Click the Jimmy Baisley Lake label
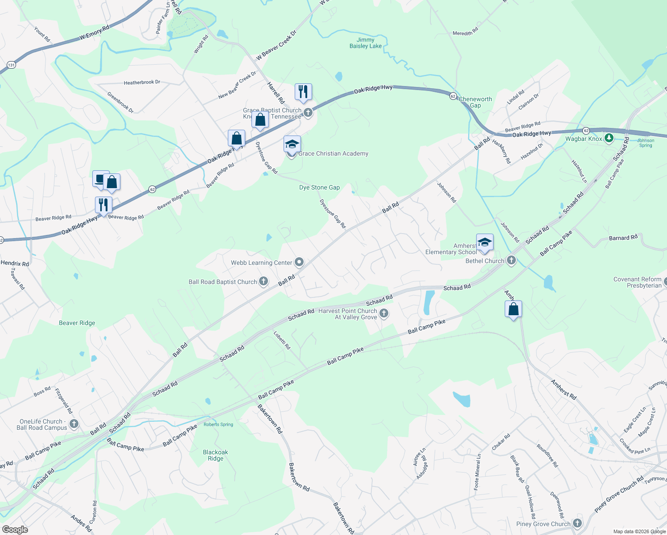tap(366, 43)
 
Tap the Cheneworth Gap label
tap(475, 102)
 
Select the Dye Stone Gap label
tap(319, 188)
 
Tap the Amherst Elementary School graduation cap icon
tap(485, 242)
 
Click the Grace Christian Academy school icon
tap(292, 144)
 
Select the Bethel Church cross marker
tap(511, 260)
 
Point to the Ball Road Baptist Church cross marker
tap(264, 281)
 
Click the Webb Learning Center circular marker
tap(299, 262)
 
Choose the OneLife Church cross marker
tap(74, 424)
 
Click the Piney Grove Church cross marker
tap(577, 523)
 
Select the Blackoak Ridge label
tap(215, 455)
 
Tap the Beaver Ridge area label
tap(77, 323)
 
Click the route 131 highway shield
tap(11, 65)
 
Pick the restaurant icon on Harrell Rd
tap(303, 91)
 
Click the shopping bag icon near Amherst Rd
tap(513, 309)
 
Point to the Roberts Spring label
tap(218, 424)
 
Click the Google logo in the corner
tap(14, 530)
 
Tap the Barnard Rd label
tap(623, 238)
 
